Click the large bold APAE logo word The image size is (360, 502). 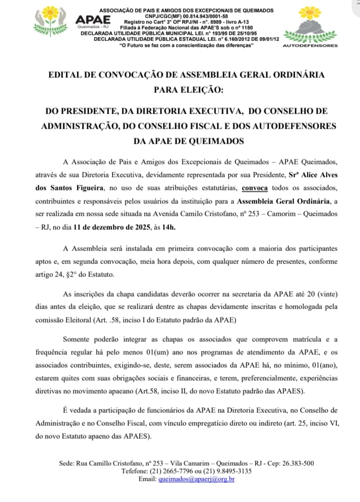pos(89,19)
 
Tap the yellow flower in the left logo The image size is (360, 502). pos(51,13)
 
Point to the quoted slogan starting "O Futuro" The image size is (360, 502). pos(187,46)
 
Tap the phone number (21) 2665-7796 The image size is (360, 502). pos(157,471)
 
